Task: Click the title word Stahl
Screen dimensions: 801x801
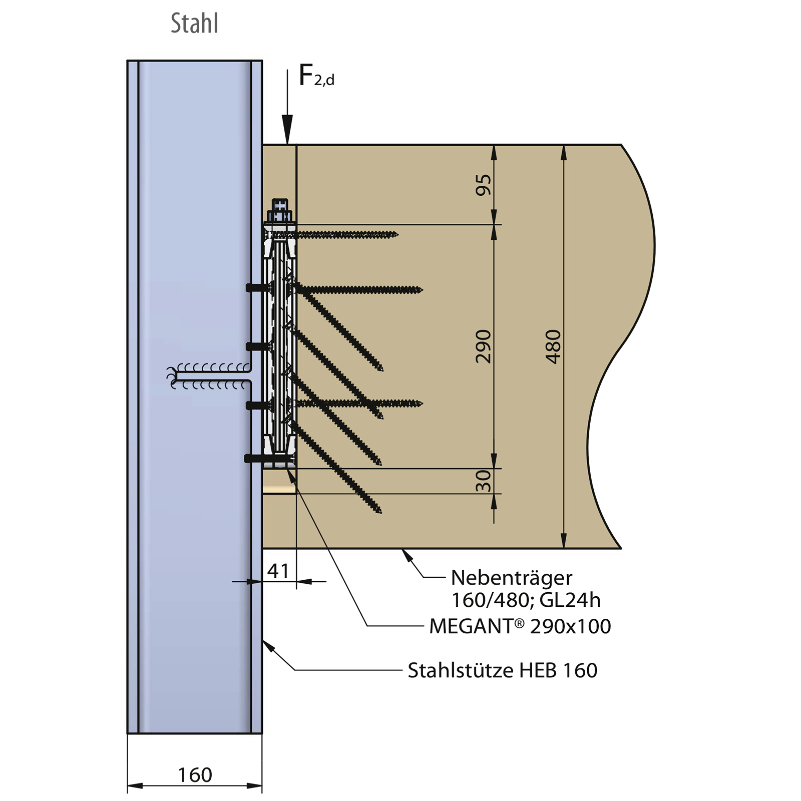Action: [194, 24]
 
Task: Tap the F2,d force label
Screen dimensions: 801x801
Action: [316, 77]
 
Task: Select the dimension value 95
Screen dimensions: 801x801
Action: [483, 185]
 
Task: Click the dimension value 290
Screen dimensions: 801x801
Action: [483, 346]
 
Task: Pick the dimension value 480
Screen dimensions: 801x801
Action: [553, 346]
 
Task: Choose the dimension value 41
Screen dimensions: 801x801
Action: [278, 571]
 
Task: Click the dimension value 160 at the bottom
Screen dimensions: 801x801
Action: [195, 775]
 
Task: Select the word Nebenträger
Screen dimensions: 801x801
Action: [511, 578]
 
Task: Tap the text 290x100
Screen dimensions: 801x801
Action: [570, 626]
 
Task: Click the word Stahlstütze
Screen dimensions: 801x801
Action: [460, 670]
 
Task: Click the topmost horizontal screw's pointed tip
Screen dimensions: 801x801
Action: [396, 234]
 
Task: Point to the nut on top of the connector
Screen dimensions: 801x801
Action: [280, 205]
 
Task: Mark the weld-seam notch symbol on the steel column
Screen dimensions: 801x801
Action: [210, 376]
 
